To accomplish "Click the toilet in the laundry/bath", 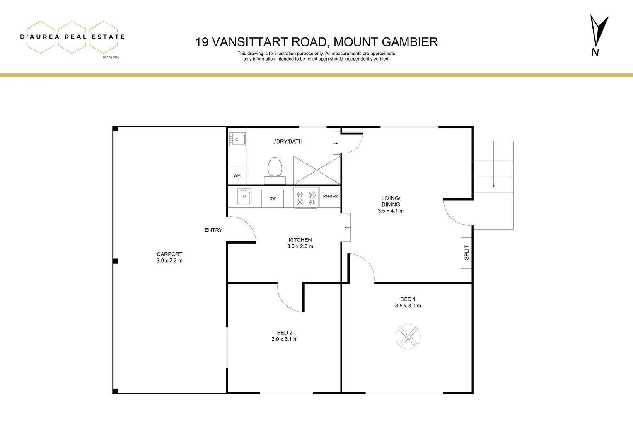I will coord(275,170).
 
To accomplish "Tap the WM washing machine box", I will coord(237,176).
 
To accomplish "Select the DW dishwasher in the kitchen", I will coord(273,199).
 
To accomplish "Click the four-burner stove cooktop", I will coord(306,198).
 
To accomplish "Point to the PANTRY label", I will coord(330,196).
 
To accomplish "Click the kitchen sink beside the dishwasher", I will coord(244,197).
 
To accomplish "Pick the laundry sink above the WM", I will coord(237,139).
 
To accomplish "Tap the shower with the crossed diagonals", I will coord(316,170).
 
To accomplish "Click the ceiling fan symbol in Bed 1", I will coord(408,336).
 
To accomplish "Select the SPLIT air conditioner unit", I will coord(466,253).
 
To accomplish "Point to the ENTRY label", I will coord(213,230).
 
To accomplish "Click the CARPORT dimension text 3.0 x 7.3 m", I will coord(169,261).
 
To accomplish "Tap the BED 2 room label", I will coord(285,333).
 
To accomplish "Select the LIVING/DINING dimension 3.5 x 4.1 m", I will coord(391,211).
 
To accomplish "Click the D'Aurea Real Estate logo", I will coord(72,37).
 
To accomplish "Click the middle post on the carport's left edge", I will coord(116,261).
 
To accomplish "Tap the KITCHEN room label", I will coord(300,240).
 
